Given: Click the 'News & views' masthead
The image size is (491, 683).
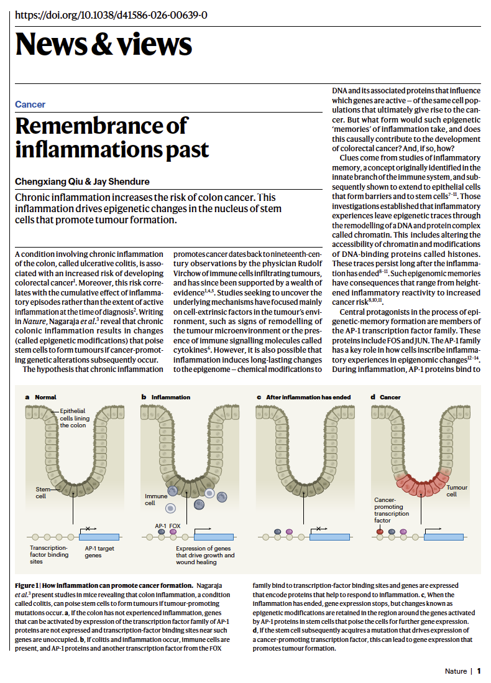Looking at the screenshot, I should coord(103,45).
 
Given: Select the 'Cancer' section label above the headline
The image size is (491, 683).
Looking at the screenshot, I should coord(30,105).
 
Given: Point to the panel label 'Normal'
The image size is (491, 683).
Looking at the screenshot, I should coord(45,397).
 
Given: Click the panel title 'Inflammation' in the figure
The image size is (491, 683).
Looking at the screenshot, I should coord(171,397).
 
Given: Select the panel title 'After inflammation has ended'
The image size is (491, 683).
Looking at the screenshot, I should coord(308,397).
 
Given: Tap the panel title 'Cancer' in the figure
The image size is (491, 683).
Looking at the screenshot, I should coord(390,397).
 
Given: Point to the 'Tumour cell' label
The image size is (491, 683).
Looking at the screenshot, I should coord(457,491).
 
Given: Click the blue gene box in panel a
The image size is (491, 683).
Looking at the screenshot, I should coord(99,536).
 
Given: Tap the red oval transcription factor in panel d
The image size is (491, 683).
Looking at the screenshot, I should coord(380,532).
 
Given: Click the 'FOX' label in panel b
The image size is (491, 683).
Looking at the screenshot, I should coord(175,526).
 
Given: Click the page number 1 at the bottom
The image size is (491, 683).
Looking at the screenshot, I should coord(479,671).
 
